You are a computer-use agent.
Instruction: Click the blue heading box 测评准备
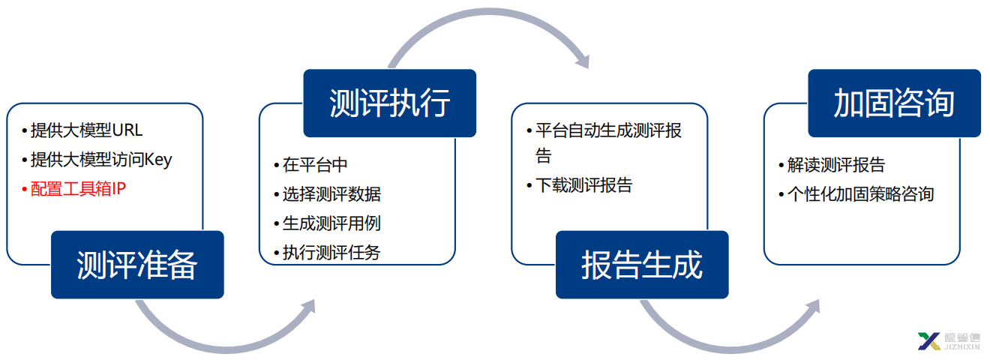tap(137, 265)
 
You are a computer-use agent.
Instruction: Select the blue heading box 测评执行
tap(389, 103)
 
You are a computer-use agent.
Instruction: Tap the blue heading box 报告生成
tap(642, 265)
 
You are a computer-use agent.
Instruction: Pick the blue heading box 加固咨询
tap(894, 103)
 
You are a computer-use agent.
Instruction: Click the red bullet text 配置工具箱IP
tap(74, 189)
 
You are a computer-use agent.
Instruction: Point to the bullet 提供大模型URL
tap(82, 130)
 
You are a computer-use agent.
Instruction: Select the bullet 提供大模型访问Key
tap(97, 160)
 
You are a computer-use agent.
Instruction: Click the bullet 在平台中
tap(310, 165)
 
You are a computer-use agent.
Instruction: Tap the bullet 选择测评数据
tap(328, 194)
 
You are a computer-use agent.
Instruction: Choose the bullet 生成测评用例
tap(328, 223)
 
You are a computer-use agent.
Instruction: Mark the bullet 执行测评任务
tap(328, 252)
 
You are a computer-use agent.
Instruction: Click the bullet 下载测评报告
tap(580, 185)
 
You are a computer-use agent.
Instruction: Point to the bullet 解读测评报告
tap(832, 165)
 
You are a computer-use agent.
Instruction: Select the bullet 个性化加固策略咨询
tap(856, 194)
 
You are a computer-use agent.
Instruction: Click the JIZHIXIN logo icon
tap(929, 341)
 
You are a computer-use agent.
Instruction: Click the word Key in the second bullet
tap(158, 160)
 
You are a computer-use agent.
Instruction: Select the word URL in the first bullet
tap(127, 130)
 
